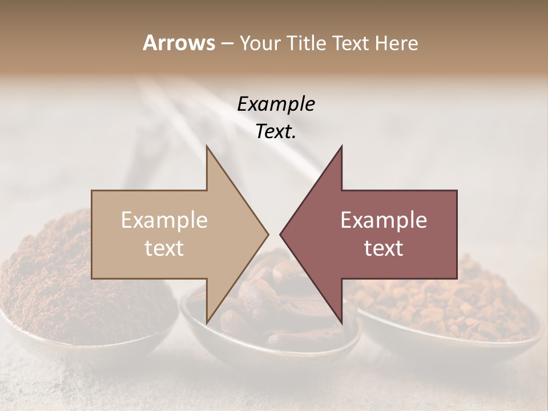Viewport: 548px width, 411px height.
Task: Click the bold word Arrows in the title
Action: coord(179,43)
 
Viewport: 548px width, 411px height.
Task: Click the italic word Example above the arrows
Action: coord(276,104)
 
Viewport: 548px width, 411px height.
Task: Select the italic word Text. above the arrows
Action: coord(276,132)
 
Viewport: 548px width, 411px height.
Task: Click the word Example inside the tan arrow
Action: coord(164,220)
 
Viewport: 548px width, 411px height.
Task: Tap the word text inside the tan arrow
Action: coord(164,248)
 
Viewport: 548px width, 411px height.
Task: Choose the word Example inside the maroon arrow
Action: coord(384,220)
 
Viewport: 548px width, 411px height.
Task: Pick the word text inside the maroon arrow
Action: coord(384,248)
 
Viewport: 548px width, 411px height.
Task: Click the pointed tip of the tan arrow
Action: coord(268,234)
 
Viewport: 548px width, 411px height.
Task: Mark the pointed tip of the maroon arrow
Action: coord(280,234)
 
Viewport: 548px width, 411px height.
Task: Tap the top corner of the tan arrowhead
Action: coord(207,146)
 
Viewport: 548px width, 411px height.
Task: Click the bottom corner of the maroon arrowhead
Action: coord(341,323)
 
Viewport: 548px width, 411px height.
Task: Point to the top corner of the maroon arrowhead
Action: coord(341,146)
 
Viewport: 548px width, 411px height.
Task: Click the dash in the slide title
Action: coord(226,43)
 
